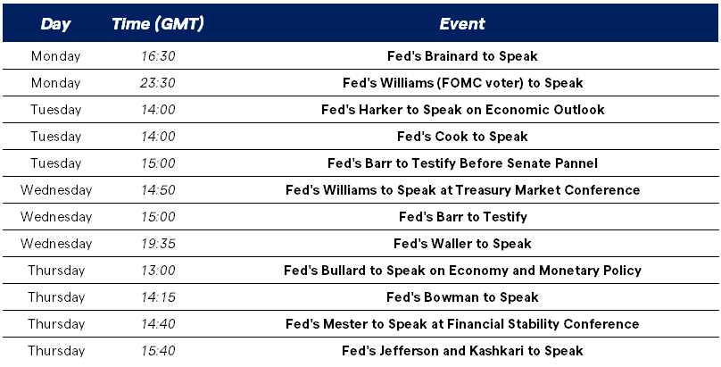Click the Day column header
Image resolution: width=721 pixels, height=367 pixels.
click(x=55, y=24)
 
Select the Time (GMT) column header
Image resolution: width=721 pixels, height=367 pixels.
click(x=158, y=24)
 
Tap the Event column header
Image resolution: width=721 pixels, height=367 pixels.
click(x=462, y=24)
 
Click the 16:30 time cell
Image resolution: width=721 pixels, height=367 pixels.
click(x=158, y=56)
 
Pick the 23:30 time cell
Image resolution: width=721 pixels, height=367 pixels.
click(x=158, y=83)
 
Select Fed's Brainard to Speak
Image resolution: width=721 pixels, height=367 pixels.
click(x=462, y=56)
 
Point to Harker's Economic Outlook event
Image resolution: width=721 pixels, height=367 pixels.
click(x=462, y=110)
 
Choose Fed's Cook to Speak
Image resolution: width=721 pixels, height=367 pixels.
click(x=462, y=136)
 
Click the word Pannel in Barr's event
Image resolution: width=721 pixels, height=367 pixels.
click(x=578, y=163)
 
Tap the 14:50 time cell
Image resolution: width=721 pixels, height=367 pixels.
click(x=158, y=190)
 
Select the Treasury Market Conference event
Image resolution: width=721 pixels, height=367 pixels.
click(x=462, y=190)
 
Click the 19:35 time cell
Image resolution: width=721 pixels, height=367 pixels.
click(x=158, y=243)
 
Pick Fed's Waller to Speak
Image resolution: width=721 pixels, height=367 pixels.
click(x=462, y=243)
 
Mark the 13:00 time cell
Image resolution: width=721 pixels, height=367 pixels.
click(x=158, y=270)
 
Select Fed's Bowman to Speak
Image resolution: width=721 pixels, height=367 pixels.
click(x=462, y=297)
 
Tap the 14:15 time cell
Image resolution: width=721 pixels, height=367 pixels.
click(x=158, y=297)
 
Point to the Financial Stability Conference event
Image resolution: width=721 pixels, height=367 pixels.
click(x=462, y=324)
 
